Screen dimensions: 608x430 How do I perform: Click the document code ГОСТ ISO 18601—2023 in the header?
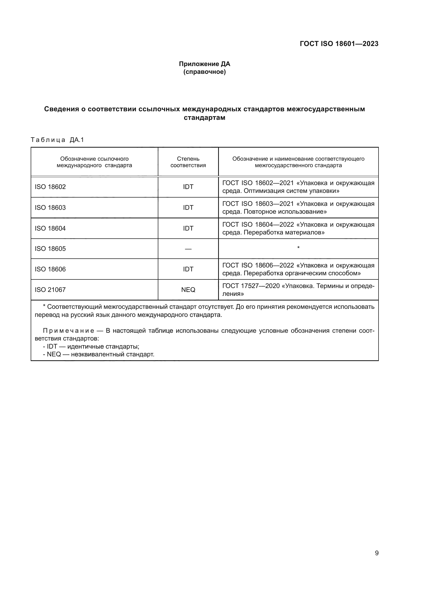[x=339, y=44]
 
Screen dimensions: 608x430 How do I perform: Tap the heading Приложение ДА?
[x=204, y=64]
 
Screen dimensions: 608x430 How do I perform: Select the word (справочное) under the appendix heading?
[x=204, y=72]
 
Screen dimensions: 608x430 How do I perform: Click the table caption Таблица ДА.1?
[x=57, y=140]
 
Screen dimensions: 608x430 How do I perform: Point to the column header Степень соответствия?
[x=188, y=162]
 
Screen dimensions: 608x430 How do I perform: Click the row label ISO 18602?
[x=50, y=187]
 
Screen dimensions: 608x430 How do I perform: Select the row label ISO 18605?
[x=50, y=249]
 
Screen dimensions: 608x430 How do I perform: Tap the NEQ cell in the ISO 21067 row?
[x=188, y=290]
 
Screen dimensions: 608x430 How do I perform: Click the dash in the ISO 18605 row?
[x=188, y=249]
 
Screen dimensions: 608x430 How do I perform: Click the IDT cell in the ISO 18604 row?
[x=188, y=228]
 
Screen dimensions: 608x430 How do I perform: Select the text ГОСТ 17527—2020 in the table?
[x=251, y=286]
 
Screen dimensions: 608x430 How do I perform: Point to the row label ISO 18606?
[x=50, y=269]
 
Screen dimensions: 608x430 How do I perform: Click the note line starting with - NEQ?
[x=99, y=354]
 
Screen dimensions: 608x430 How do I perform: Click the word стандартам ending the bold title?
[x=204, y=117]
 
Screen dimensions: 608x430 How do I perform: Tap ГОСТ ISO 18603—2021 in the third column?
[x=258, y=204]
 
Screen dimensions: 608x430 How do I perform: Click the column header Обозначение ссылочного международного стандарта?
[x=94, y=162]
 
